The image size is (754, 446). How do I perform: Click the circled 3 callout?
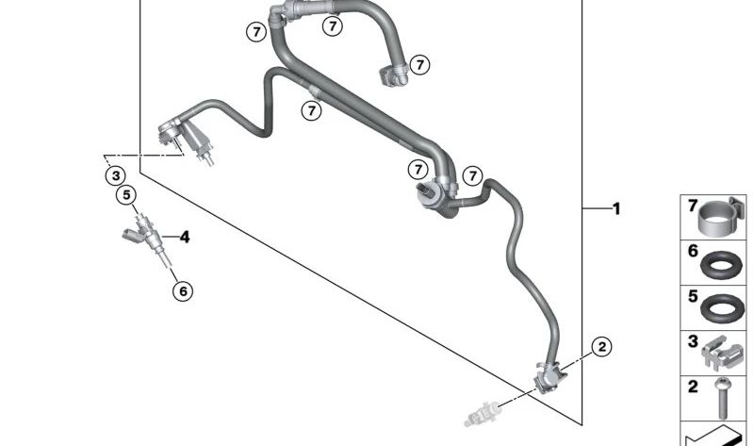click(115, 175)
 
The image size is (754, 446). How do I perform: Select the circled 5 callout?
click(126, 195)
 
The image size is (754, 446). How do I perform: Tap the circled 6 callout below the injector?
click(183, 291)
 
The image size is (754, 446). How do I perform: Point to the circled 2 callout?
click(601, 346)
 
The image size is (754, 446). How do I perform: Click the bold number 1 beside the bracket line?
click(616, 208)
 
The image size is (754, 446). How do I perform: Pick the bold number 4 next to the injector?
click(185, 237)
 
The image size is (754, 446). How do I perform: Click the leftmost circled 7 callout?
click(256, 32)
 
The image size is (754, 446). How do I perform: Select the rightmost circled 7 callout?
click(473, 175)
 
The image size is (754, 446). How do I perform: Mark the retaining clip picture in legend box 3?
click(722, 354)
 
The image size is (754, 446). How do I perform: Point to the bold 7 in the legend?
click(693, 206)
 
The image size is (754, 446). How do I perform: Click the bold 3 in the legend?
click(693, 341)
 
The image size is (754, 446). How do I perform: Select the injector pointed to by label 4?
click(147, 239)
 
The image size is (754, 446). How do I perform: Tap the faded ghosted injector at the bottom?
click(483, 413)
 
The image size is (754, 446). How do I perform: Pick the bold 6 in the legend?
click(693, 251)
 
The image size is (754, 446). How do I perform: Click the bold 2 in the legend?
click(693, 387)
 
